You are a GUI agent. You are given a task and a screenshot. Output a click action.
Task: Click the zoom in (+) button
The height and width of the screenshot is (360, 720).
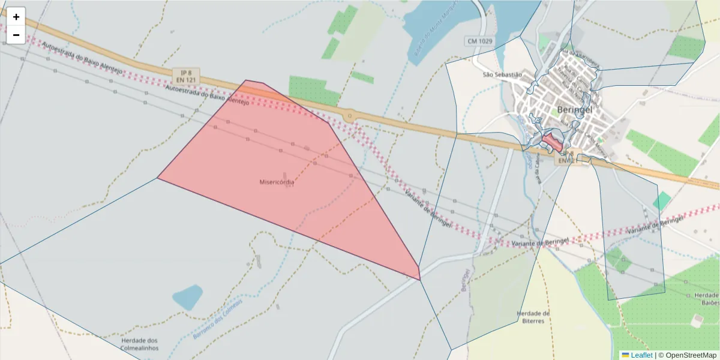click(x=16, y=17)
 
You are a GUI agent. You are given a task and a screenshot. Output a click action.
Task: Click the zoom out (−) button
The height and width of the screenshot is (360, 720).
click(x=16, y=35)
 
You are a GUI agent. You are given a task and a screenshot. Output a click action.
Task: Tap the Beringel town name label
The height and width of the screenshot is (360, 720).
click(x=575, y=110)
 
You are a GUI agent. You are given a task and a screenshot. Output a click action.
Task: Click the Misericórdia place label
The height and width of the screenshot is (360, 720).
click(x=277, y=182)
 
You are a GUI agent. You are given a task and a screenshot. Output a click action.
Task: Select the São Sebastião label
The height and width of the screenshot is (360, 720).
click(x=503, y=75)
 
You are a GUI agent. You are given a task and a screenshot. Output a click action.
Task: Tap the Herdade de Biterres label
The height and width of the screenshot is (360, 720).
click(x=533, y=317)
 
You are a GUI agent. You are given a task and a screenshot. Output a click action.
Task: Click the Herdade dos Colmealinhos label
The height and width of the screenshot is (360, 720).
click(x=139, y=344)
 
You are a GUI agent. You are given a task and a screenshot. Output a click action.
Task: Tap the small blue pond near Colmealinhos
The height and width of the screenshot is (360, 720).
click(x=187, y=296)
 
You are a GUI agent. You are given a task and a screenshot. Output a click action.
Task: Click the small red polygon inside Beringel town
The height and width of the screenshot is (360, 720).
click(x=553, y=142)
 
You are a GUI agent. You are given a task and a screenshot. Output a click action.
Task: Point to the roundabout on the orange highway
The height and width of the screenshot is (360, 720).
click(x=349, y=114)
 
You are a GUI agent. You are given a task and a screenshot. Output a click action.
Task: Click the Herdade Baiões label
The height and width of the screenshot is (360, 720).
click(x=706, y=299)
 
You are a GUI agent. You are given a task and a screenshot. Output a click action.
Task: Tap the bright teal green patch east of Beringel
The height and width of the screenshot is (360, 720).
click(x=662, y=201)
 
